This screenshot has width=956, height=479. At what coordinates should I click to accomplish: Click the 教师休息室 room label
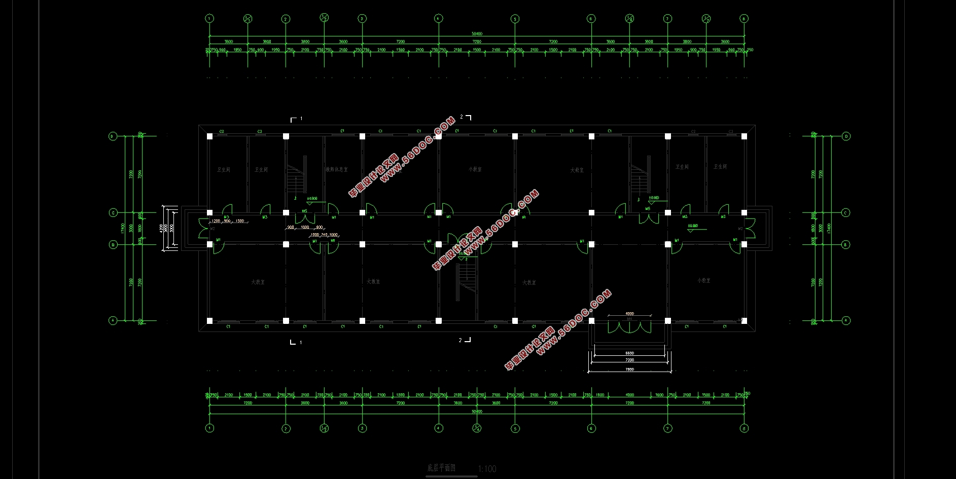(x=337, y=169)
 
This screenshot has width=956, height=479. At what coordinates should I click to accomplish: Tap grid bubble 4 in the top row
(x=438, y=18)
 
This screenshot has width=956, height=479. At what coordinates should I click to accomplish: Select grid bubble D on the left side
(x=113, y=136)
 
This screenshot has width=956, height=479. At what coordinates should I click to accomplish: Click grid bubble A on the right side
(x=845, y=320)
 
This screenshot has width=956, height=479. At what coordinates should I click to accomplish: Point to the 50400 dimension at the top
(x=477, y=34)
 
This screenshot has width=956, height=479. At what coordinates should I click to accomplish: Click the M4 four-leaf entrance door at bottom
(x=629, y=326)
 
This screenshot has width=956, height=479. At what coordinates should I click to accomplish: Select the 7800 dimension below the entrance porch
(x=629, y=370)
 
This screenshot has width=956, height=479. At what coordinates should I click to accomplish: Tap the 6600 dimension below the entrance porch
(x=629, y=353)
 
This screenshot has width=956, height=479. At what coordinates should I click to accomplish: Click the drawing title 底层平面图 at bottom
(x=441, y=468)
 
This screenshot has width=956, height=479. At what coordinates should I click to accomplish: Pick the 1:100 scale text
(x=487, y=469)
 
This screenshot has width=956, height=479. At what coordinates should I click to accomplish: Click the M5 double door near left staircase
(x=305, y=217)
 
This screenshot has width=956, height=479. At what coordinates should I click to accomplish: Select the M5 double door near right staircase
(x=648, y=217)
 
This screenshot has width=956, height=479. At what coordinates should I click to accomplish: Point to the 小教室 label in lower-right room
(x=703, y=280)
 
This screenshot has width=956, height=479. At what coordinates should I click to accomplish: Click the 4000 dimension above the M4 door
(x=629, y=314)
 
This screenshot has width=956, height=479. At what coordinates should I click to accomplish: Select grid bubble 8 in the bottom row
(x=744, y=428)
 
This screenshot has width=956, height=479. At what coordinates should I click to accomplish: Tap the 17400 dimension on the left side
(x=122, y=228)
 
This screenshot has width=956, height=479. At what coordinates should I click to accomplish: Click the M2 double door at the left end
(x=205, y=229)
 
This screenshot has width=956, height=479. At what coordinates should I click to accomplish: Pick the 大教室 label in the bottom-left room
(x=258, y=282)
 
